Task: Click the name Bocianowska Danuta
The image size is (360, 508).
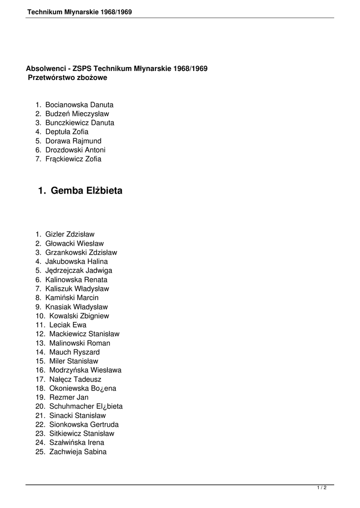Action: (79, 105)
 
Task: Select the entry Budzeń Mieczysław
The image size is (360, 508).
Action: (77, 114)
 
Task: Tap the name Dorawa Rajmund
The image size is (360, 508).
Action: (73, 141)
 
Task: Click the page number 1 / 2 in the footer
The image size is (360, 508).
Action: (322, 488)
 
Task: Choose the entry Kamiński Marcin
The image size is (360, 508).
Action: (72, 298)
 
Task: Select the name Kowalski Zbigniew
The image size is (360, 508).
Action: (79, 316)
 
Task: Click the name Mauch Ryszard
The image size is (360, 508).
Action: (74, 352)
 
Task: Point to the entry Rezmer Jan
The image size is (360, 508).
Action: (69, 397)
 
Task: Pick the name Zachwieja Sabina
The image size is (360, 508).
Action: (77, 452)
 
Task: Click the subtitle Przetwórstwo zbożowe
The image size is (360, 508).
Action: (68, 77)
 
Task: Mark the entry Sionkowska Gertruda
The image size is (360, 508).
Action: (84, 425)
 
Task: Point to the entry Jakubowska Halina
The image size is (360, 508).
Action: (76, 261)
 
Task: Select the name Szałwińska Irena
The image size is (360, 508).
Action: (76, 443)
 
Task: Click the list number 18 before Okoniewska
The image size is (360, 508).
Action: (40, 388)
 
